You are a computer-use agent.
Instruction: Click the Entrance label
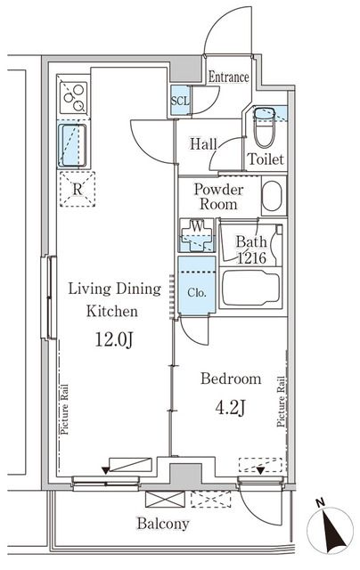[228, 77]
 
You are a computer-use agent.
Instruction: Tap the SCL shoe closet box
[180, 101]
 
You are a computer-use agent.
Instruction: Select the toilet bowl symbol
[264, 127]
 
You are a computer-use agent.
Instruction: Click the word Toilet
[266, 159]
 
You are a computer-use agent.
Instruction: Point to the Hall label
[203, 144]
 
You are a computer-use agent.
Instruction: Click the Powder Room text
[218, 196]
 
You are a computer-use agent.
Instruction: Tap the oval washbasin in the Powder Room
[272, 196]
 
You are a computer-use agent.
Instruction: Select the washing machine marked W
[197, 235]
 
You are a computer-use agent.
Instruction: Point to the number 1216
[251, 258]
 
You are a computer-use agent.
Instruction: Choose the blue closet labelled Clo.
[197, 285]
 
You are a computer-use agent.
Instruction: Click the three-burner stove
[73, 97]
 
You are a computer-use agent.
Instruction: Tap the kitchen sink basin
[73, 145]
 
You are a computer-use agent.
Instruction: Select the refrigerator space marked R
[78, 190]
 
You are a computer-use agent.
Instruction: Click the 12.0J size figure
[114, 340]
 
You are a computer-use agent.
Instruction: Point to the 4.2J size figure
[231, 408]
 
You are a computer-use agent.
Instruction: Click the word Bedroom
[231, 379]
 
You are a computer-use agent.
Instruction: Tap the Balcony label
[163, 524]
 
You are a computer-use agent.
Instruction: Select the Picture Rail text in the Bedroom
[281, 402]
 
